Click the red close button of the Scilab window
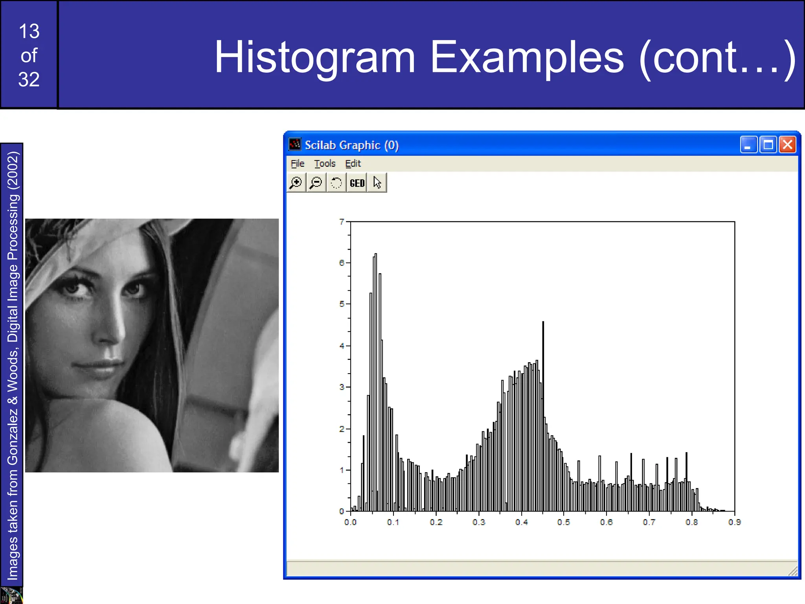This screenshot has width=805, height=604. pyautogui.click(x=787, y=145)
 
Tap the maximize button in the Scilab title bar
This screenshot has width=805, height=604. pyautogui.click(x=768, y=145)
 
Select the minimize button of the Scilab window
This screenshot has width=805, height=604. pyautogui.click(x=748, y=145)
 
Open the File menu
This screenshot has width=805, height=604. pyautogui.click(x=297, y=164)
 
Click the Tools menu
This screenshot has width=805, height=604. pyautogui.click(x=325, y=164)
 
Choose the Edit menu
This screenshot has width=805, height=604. pyautogui.click(x=353, y=164)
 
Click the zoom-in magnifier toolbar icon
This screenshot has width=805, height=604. pyautogui.click(x=296, y=183)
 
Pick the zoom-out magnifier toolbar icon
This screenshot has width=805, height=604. pyautogui.click(x=316, y=183)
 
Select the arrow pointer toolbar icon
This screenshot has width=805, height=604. pyautogui.click(x=377, y=183)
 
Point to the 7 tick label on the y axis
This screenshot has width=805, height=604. pyautogui.click(x=342, y=222)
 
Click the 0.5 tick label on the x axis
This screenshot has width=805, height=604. pyautogui.click(x=563, y=522)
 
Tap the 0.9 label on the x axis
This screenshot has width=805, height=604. pyautogui.click(x=734, y=522)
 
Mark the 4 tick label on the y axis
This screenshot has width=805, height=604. pyautogui.click(x=342, y=346)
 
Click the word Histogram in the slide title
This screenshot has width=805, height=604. pyautogui.click(x=314, y=57)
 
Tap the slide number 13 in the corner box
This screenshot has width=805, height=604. pyautogui.click(x=29, y=31)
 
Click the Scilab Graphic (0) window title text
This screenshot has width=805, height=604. pyautogui.click(x=352, y=145)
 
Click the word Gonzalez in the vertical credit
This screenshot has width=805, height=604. pyautogui.click(x=13, y=436)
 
